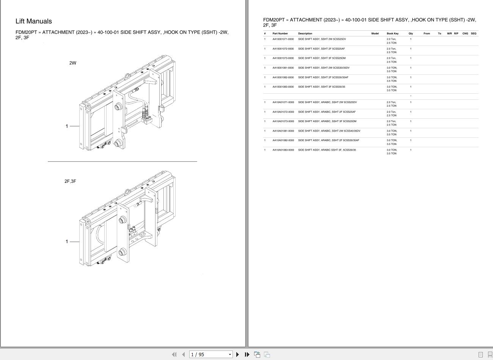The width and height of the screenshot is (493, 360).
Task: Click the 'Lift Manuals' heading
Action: click(34, 21)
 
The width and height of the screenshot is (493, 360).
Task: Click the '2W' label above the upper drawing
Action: click(72, 63)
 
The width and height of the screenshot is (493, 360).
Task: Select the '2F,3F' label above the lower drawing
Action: click(70, 181)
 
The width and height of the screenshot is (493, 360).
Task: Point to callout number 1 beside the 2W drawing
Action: click(67, 126)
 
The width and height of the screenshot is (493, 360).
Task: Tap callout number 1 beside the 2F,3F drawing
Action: click(67, 241)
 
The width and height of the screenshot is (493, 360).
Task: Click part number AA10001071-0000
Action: click(283, 39)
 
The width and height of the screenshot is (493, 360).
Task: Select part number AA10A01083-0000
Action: click(283, 150)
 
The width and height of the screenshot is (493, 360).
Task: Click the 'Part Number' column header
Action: click(280, 33)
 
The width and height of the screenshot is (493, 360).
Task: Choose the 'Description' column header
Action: click(305, 33)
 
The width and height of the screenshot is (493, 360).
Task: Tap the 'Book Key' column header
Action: click(393, 33)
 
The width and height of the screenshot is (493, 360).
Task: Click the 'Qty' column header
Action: click(411, 33)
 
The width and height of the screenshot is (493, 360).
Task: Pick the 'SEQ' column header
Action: click(473, 33)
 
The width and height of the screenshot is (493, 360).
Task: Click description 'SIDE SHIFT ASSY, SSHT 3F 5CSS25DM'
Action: click(322, 58)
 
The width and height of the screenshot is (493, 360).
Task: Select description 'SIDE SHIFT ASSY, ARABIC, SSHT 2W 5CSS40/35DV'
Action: click(329, 131)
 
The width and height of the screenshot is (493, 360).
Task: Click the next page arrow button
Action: click(238, 354)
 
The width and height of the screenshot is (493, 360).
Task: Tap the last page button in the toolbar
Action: click(247, 354)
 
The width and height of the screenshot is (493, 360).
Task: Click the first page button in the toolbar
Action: click(174, 354)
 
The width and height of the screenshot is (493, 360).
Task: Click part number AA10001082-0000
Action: click(283, 77)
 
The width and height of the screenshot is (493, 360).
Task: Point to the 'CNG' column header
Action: click(465, 33)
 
